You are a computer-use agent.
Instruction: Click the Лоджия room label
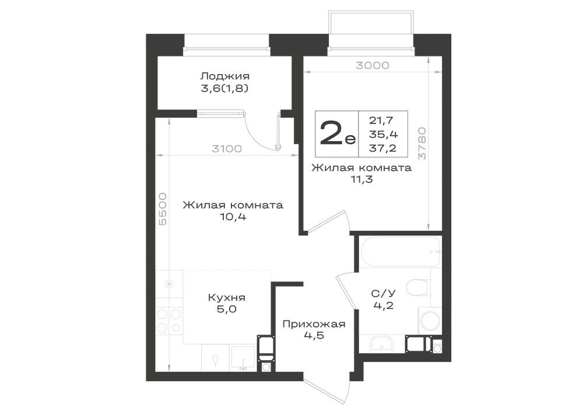[x=224, y=77]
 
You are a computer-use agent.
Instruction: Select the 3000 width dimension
[x=372, y=65]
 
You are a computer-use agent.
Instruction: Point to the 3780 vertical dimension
[x=422, y=143]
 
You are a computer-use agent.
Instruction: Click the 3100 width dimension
[x=226, y=149]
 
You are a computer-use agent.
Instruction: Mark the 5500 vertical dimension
[x=163, y=209]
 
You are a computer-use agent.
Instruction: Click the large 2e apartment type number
[x=337, y=133]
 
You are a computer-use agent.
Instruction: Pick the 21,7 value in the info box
[x=381, y=121]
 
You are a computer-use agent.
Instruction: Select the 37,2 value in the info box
[x=382, y=148]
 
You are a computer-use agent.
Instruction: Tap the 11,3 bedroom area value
[x=361, y=179]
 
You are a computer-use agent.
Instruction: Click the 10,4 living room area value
[x=233, y=217]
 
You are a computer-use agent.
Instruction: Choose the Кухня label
[x=226, y=298]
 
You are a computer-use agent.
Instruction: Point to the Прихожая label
[x=314, y=324]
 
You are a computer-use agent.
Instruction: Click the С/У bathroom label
[x=384, y=294]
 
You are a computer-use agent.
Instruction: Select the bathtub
[x=401, y=252]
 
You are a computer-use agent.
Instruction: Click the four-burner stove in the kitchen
[x=170, y=321]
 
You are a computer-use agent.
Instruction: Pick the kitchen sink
[x=243, y=358]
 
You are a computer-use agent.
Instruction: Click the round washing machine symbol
[x=430, y=321]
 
